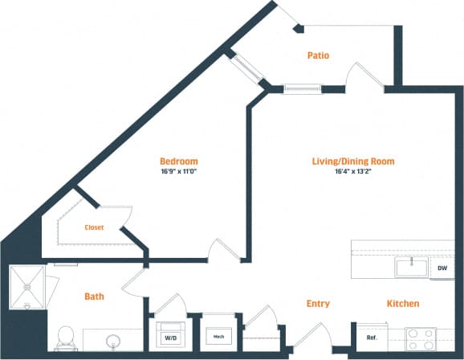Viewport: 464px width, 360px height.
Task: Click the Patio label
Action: point(319,55)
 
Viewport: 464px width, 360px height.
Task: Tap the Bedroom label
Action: point(178,161)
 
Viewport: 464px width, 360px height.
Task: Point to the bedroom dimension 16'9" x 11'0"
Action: point(178,171)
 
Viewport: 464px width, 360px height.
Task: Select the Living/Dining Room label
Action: point(353,161)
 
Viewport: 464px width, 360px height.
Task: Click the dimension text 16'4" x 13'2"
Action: point(353,171)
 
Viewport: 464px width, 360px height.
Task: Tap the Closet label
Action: point(95,227)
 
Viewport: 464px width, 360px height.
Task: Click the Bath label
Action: point(94,297)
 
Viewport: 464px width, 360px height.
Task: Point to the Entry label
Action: point(318,304)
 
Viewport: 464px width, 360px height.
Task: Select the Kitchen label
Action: point(403,304)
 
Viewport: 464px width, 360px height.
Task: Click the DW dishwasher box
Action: point(442,268)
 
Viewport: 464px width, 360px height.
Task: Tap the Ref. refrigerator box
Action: point(372,337)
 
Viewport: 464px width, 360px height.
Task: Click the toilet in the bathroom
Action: point(66,337)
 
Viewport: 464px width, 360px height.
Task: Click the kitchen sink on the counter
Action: point(410,267)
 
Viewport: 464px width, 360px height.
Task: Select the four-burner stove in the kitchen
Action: point(420,337)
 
